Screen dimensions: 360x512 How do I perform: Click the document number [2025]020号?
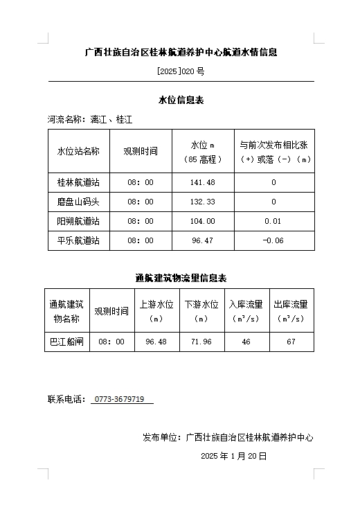(181, 71)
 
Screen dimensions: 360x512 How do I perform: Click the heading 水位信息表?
(181, 100)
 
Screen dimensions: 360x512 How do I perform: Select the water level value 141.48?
(203, 182)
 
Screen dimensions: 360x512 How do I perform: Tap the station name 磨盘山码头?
(78, 202)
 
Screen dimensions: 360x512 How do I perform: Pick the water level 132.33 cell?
(203, 202)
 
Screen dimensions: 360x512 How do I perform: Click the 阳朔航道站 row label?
(78, 221)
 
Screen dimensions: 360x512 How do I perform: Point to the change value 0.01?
(273, 221)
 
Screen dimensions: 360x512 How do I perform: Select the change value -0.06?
(273, 240)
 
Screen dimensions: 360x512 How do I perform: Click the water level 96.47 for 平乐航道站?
(203, 240)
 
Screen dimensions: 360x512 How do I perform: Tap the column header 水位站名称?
(78, 151)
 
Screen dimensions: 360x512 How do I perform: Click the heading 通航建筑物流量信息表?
(181, 278)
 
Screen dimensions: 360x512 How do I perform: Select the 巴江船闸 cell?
(67, 342)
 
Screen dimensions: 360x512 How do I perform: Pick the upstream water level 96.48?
(156, 342)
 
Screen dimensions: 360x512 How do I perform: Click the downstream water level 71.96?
(201, 342)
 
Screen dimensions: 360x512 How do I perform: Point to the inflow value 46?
(246, 342)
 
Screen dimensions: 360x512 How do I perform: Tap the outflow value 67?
(291, 342)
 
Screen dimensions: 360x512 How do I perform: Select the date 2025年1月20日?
(233, 456)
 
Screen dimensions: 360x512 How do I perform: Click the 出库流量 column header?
(291, 311)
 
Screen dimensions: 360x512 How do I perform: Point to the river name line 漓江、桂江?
(111, 119)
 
